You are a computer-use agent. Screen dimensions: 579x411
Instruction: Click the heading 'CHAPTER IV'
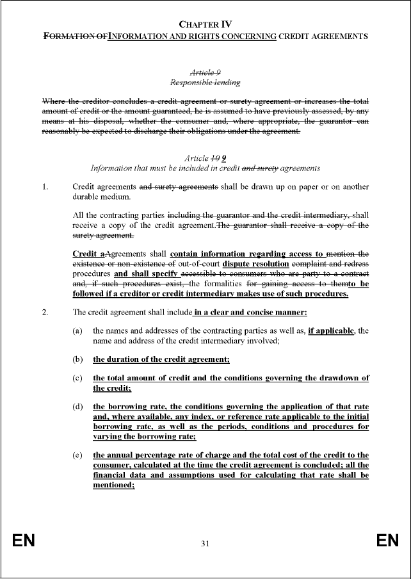(x=205, y=24)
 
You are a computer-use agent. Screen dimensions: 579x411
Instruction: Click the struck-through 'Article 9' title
(x=205, y=73)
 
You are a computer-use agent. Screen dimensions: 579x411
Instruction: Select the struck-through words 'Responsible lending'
(x=205, y=83)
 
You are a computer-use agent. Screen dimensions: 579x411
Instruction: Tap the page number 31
(x=205, y=544)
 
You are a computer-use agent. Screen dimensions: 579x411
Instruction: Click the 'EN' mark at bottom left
(x=23, y=541)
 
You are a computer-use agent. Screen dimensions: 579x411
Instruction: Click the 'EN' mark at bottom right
(x=387, y=541)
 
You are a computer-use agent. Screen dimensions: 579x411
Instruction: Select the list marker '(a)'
(x=77, y=330)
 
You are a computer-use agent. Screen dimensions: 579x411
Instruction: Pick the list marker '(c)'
(x=77, y=378)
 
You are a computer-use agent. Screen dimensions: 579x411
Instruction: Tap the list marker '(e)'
(x=77, y=455)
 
